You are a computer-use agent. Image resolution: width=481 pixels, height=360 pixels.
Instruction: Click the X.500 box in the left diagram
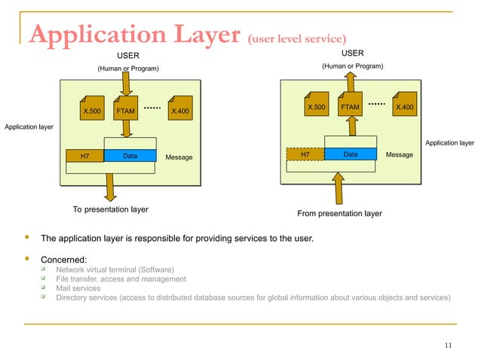pos(91,111)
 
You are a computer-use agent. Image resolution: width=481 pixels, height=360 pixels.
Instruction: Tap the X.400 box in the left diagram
pos(180,111)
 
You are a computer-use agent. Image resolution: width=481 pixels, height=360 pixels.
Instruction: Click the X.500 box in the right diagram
pos(316,108)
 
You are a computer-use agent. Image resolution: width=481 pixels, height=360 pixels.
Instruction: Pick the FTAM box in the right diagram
pos(350,108)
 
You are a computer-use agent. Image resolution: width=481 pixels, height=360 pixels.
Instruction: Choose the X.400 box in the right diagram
pos(404,108)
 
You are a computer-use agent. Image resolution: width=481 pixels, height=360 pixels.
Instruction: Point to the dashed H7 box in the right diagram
pos(305,154)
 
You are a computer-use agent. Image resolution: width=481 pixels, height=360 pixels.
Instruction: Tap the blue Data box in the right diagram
pos(351,154)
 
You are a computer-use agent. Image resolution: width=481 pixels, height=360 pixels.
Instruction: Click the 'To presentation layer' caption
pos(110,209)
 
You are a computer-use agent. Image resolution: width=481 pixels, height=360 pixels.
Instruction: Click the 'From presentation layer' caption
pos(339,213)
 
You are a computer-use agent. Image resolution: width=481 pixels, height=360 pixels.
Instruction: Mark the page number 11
pos(449,346)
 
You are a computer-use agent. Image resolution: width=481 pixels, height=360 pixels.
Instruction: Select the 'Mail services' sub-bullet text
pos(78,288)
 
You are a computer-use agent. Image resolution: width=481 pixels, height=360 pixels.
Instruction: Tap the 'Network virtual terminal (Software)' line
pos(115,270)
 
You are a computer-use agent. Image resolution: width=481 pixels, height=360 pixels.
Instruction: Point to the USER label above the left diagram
pos(127,55)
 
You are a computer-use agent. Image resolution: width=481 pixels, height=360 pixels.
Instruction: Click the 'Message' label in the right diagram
pos(399,154)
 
